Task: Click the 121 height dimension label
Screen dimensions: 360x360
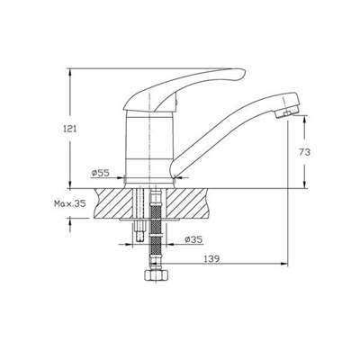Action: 69,129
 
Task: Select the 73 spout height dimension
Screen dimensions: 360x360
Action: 304,152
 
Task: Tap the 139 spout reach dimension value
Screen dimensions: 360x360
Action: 212,258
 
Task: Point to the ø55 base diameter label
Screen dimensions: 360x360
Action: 101,173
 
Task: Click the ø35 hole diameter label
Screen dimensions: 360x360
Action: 193,239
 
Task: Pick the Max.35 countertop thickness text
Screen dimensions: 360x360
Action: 69,203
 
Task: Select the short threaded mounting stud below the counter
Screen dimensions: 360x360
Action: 139,231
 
